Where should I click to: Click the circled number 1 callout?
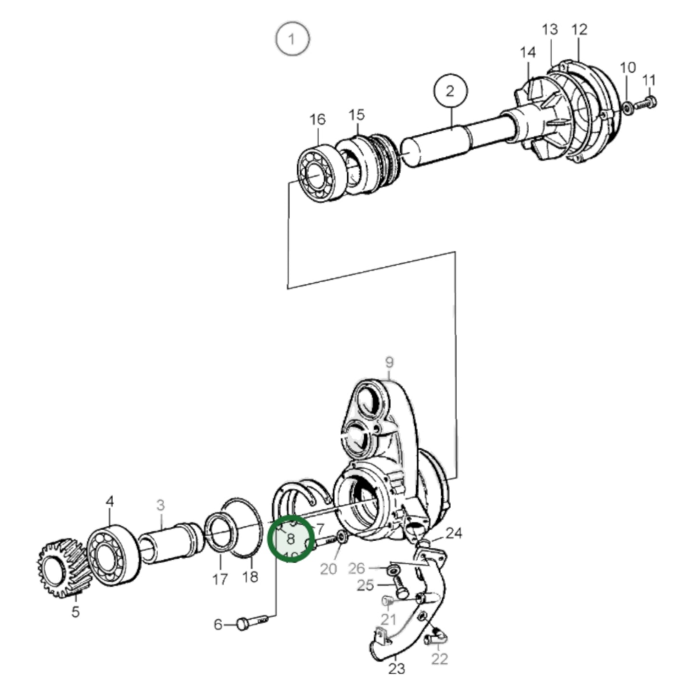(x=292, y=38)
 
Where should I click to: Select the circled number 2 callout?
(x=450, y=91)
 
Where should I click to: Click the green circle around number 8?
(x=291, y=538)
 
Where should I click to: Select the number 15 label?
(x=357, y=115)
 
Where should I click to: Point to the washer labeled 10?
(x=627, y=108)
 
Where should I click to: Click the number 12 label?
(x=580, y=30)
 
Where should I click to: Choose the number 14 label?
(x=528, y=52)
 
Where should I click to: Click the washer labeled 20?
(x=341, y=537)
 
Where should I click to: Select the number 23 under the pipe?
(x=397, y=668)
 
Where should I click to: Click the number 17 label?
(x=220, y=579)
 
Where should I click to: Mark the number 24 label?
(x=454, y=533)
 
